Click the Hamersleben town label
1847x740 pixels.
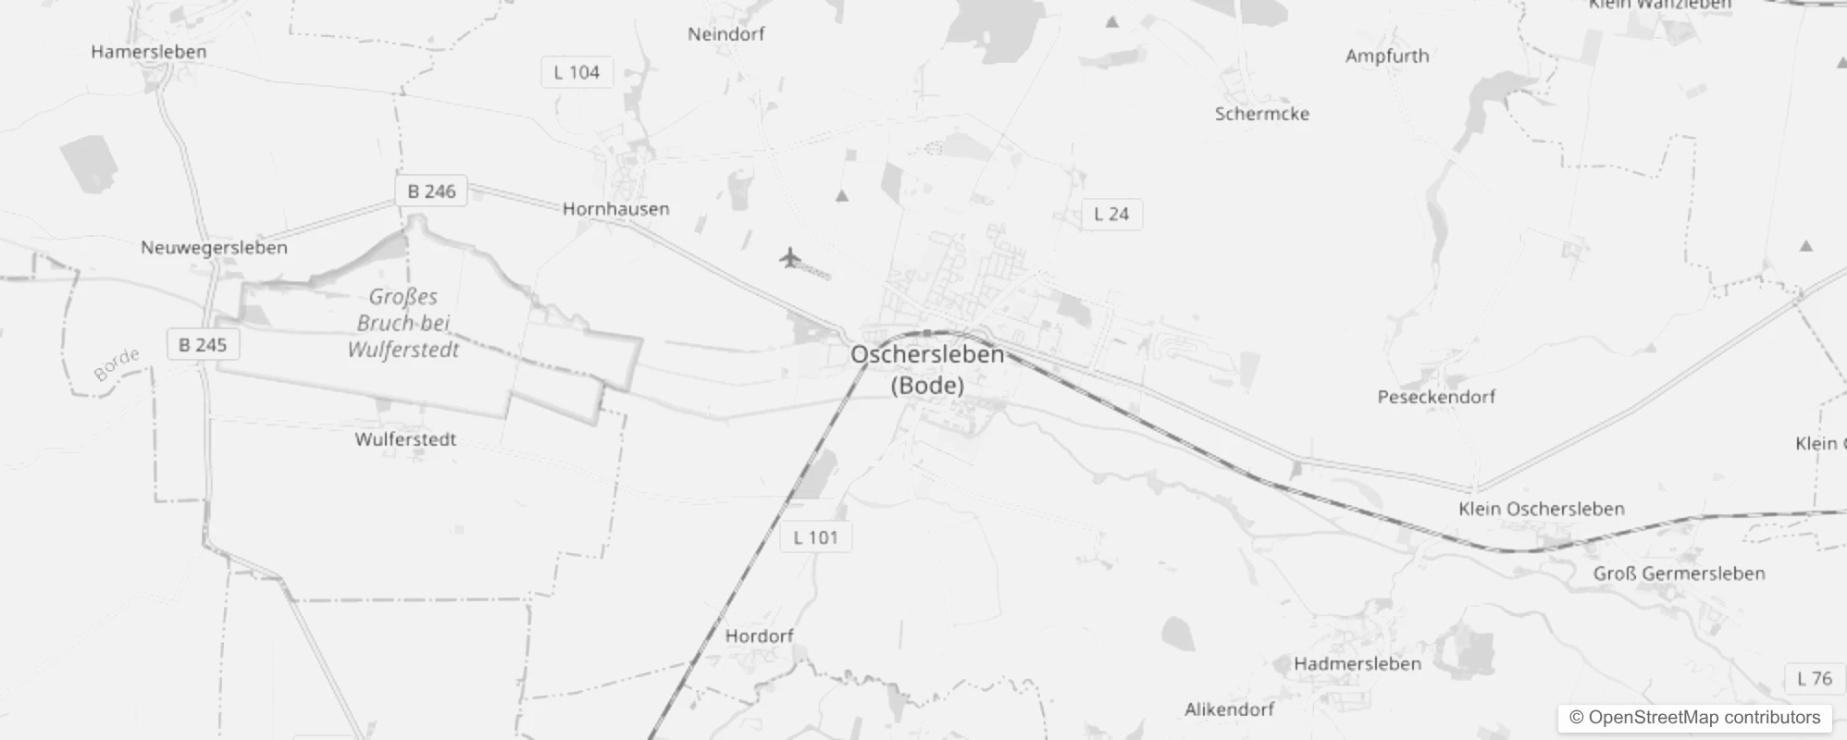(149, 52)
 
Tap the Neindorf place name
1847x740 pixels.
(726, 34)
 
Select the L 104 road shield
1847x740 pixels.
(576, 72)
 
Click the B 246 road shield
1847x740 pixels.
(431, 191)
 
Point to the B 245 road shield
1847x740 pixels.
(203, 345)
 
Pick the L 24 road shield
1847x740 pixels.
(1111, 215)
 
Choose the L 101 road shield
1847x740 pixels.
(815, 537)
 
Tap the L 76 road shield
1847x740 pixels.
(1814, 679)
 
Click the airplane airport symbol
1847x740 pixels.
(789, 257)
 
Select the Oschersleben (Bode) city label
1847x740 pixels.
(927, 369)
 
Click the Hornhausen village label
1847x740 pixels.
(616, 209)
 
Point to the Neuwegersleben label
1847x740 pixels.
(214, 248)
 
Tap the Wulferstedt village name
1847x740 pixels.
(405, 439)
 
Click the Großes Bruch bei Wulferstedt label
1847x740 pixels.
(403, 323)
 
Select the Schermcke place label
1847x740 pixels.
(1262, 114)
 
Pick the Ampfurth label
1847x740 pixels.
(1387, 56)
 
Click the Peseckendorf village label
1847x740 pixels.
(1436, 397)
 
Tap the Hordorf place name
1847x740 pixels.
(760, 636)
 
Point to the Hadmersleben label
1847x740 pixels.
(1357, 664)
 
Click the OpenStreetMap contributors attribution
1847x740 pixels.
(1694, 718)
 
